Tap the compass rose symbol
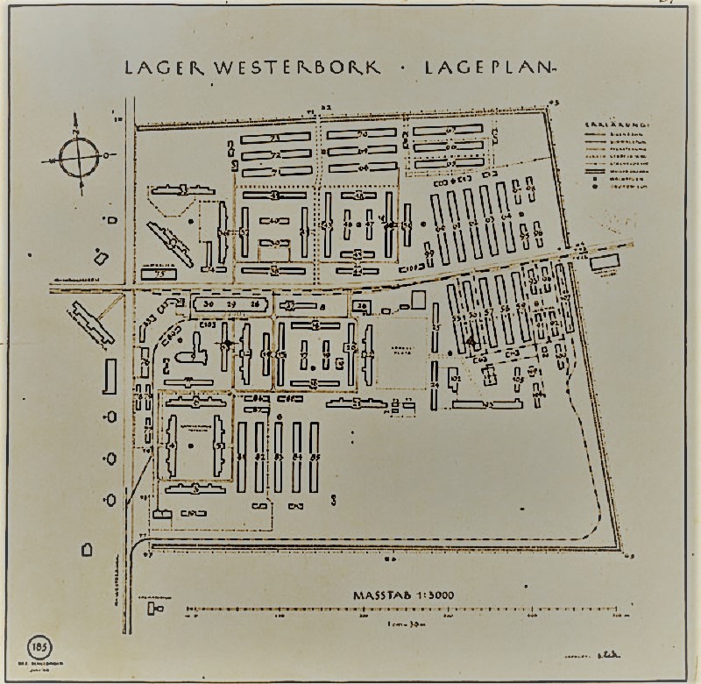(82, 159)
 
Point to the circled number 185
(40, 647)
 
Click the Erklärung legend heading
(617, 125)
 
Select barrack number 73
(275, 139)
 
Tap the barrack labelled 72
(275, 154)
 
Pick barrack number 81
(242, 457)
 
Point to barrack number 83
(279, 457)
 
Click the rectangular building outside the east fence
(604, 262)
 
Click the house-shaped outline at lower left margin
(87, 550)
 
